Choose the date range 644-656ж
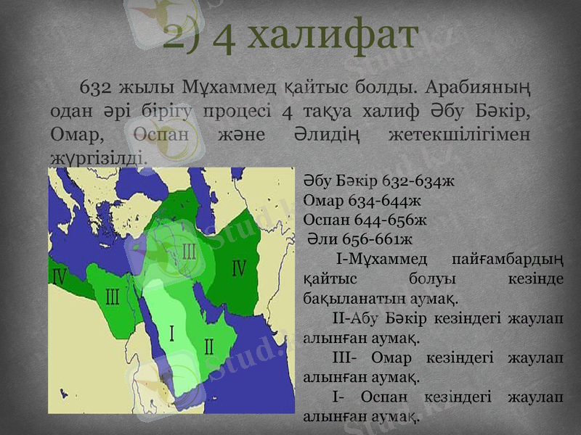pyautogui.click(x=393, y=218)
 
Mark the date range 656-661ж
pyautogui.click(x=384, y=237)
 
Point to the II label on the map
pyautogui.click(x=208, y=346)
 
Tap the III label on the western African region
pyautogui.click(x=113, y=297)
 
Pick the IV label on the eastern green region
pyautogui.click(x=238, y=268)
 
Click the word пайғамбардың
pyautogui.click(x=508, y=257)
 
